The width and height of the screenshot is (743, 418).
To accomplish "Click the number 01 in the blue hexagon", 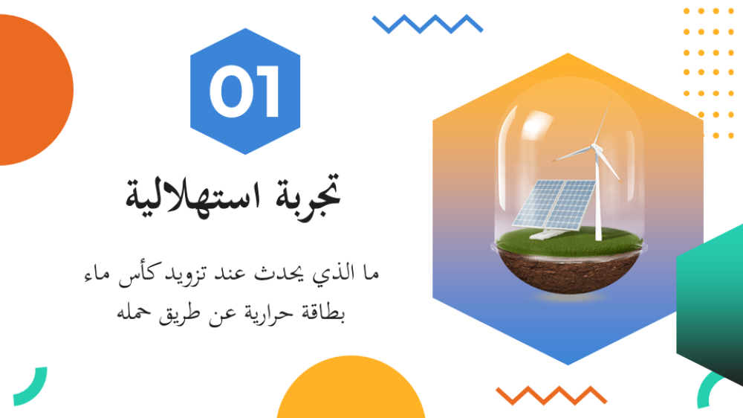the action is pos(244,91).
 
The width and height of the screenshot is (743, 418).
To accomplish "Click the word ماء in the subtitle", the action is pos(97,274).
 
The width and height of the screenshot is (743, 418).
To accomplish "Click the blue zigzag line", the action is pos(427,24).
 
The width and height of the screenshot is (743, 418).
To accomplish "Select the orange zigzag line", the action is pos(551,395).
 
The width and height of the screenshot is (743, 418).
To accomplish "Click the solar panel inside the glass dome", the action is pos(554,205).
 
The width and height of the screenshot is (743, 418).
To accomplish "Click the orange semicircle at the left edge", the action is pos(33,90).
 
